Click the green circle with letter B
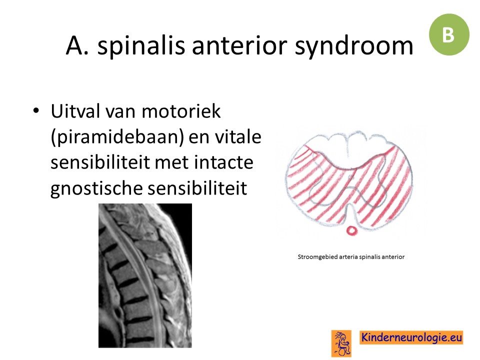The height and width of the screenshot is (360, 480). tap(449, 34)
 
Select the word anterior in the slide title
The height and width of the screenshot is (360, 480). tap(239, 45)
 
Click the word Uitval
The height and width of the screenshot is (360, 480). tap(75, 111)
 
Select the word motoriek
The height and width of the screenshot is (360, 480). tap(181, 111)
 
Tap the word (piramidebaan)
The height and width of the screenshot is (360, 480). tap(117, 137)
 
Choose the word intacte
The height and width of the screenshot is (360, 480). tap(223, 162)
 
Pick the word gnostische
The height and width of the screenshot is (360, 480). tap(96, 189)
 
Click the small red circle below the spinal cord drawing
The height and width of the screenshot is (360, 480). tap(351, 230)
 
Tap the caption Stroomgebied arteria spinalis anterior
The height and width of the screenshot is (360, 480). tap(351, 257)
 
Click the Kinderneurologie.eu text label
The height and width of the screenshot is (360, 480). tap(411, 337)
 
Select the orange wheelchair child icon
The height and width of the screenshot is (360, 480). tap(341, 343)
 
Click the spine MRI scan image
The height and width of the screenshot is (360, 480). tap(145, 275)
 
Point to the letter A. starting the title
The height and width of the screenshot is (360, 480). tap(77, 46)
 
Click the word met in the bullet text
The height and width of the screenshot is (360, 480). tap(173, 162)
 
